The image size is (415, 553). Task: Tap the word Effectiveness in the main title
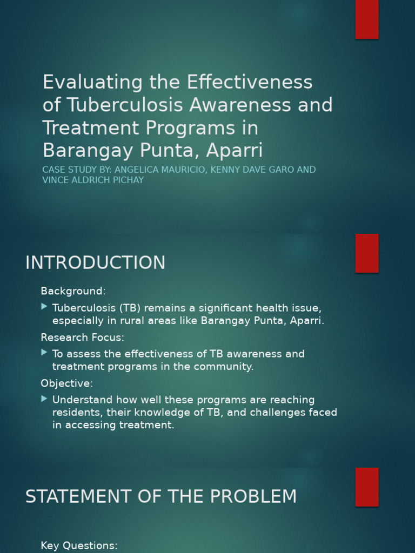[250, 82]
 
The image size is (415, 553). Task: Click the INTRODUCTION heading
[95, 263]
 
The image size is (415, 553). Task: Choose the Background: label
[73, 291]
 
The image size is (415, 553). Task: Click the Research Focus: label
[82, 338]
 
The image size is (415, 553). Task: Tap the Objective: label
[66, 383]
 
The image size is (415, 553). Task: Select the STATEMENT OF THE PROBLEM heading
[161, 497]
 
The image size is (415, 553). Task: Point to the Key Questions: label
[79, 545]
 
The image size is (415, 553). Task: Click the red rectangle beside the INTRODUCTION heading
[367, 253]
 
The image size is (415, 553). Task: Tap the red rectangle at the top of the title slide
[367, 19]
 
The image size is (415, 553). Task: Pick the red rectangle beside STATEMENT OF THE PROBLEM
[367, 487]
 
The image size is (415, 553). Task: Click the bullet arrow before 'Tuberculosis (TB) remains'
[44, 307]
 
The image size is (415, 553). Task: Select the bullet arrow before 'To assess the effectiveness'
[44, 353]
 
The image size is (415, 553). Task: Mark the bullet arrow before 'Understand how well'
[44, 399]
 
